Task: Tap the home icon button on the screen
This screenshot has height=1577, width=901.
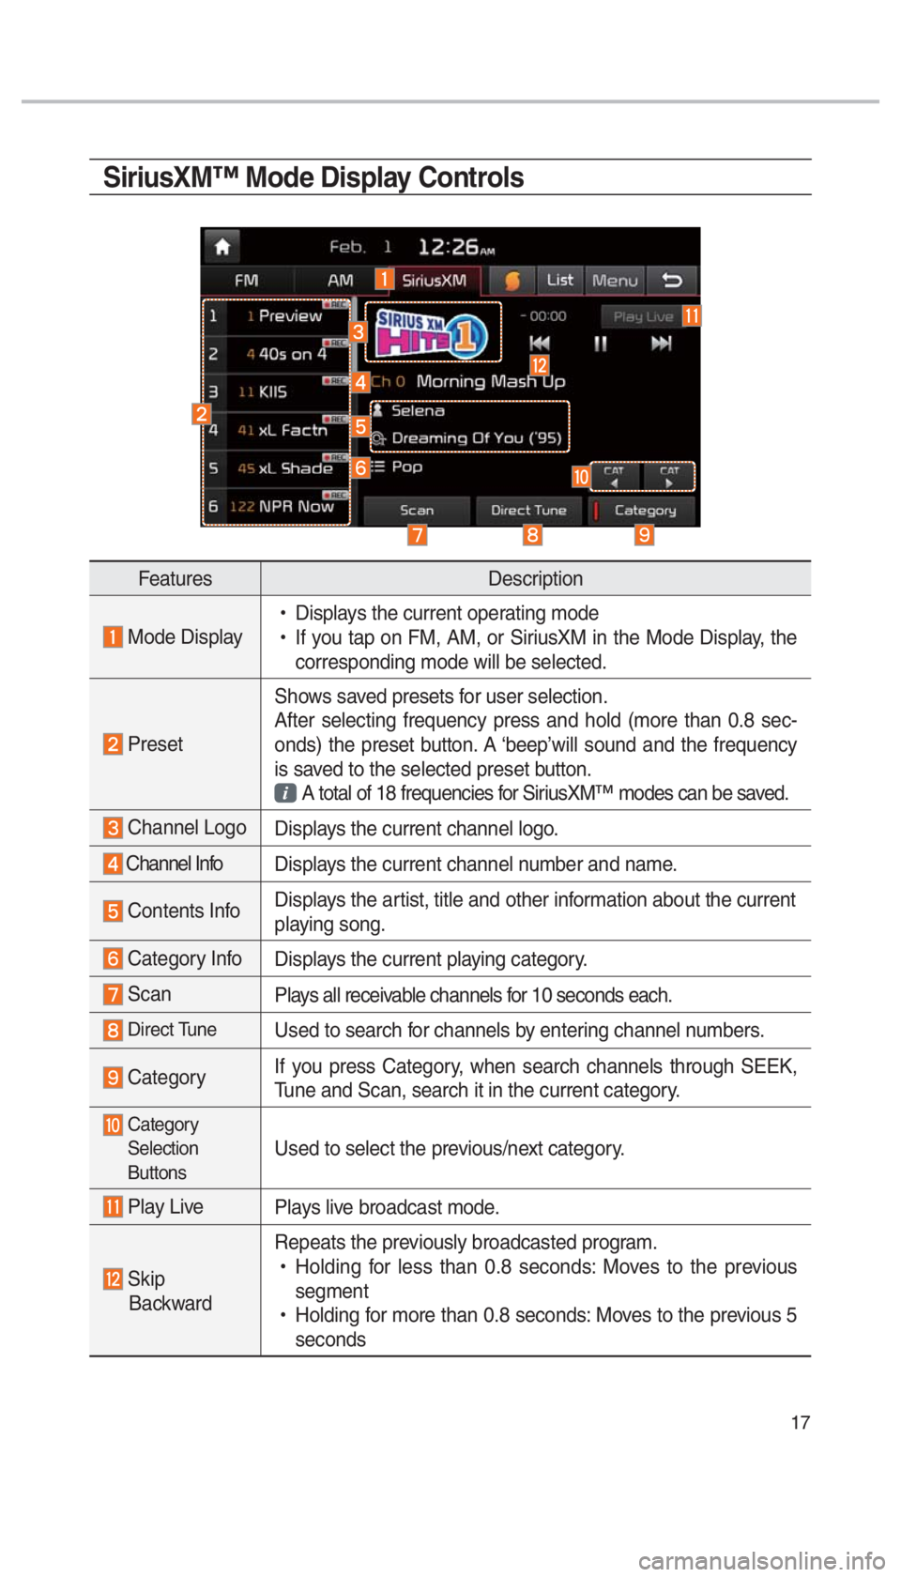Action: (222, 247)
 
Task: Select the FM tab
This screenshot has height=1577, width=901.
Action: (246, 281)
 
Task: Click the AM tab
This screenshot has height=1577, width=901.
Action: (340, 281)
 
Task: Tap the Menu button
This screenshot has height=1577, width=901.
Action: (615, 281)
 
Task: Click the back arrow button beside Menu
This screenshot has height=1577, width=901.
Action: (672, 281)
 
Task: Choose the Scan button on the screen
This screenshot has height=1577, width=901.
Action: (417, 511)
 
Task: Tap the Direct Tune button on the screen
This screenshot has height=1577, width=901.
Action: (528, 511)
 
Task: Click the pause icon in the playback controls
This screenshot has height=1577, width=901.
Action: (601, 344)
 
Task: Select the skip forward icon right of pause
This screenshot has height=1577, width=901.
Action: (662, 344)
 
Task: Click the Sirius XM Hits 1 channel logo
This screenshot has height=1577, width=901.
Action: (432, 333)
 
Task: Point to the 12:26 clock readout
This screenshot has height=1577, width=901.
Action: (455, 248)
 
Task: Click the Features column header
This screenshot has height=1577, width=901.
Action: (175, 579)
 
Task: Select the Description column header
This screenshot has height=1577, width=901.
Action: (535, 579)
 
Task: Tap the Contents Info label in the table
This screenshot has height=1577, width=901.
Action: (183, 911)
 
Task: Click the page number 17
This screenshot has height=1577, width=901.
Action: (800, 1423)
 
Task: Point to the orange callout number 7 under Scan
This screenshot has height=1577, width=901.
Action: (417, 535)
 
